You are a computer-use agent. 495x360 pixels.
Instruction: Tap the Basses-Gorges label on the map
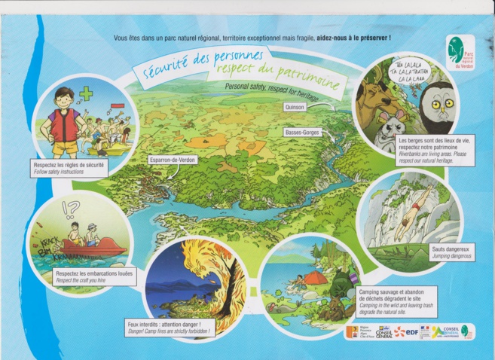[303, 133]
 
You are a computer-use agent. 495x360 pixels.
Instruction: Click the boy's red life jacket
[63, 124]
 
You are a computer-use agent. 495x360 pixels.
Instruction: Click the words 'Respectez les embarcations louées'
[94, 274]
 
